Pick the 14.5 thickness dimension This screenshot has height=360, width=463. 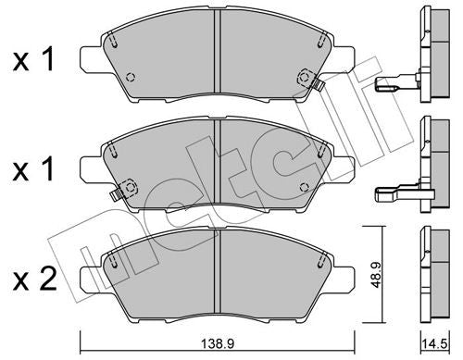[432, 341]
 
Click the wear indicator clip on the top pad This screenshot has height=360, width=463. [315, 84]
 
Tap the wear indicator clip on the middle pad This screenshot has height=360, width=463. [115, 193]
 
